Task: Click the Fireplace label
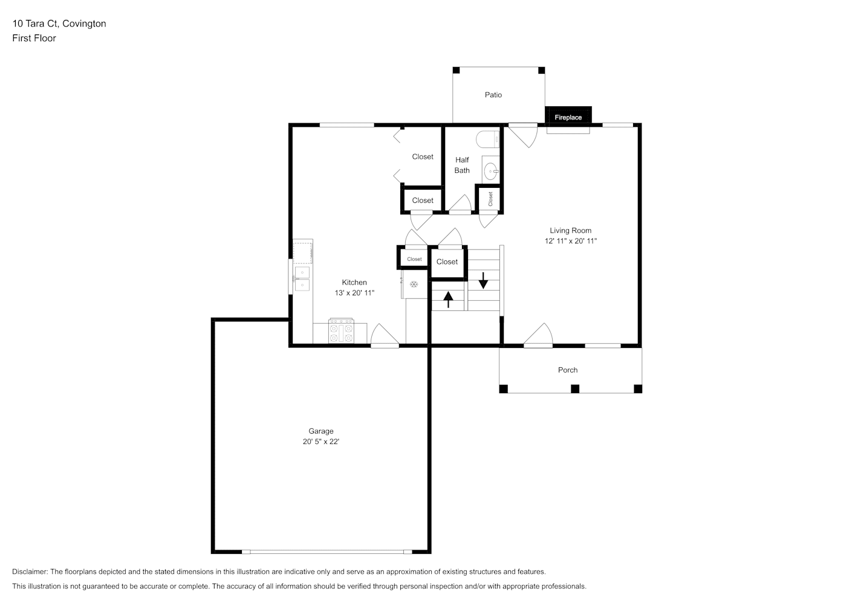pos(568,117)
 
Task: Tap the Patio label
pos(493,95)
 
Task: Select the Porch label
pos(568,370)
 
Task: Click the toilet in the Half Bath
pos(487,139)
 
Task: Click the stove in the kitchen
pos(341,331)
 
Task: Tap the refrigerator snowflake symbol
pos(414,284)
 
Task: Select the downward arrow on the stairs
pos(483,280)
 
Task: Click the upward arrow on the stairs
pos(448,300)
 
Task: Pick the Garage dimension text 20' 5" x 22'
pos(321,442)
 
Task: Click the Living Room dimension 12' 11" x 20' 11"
pos(571,241)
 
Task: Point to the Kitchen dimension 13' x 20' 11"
pos(354,293)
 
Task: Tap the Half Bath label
pos(462,165)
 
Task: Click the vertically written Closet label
pos(490,199)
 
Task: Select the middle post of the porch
pos(575,388)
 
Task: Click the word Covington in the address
pos(84,24)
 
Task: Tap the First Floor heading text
pos(34,38)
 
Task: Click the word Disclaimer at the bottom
pos(30,571)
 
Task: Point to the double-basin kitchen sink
pos(302,278)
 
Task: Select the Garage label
pos(321,431)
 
